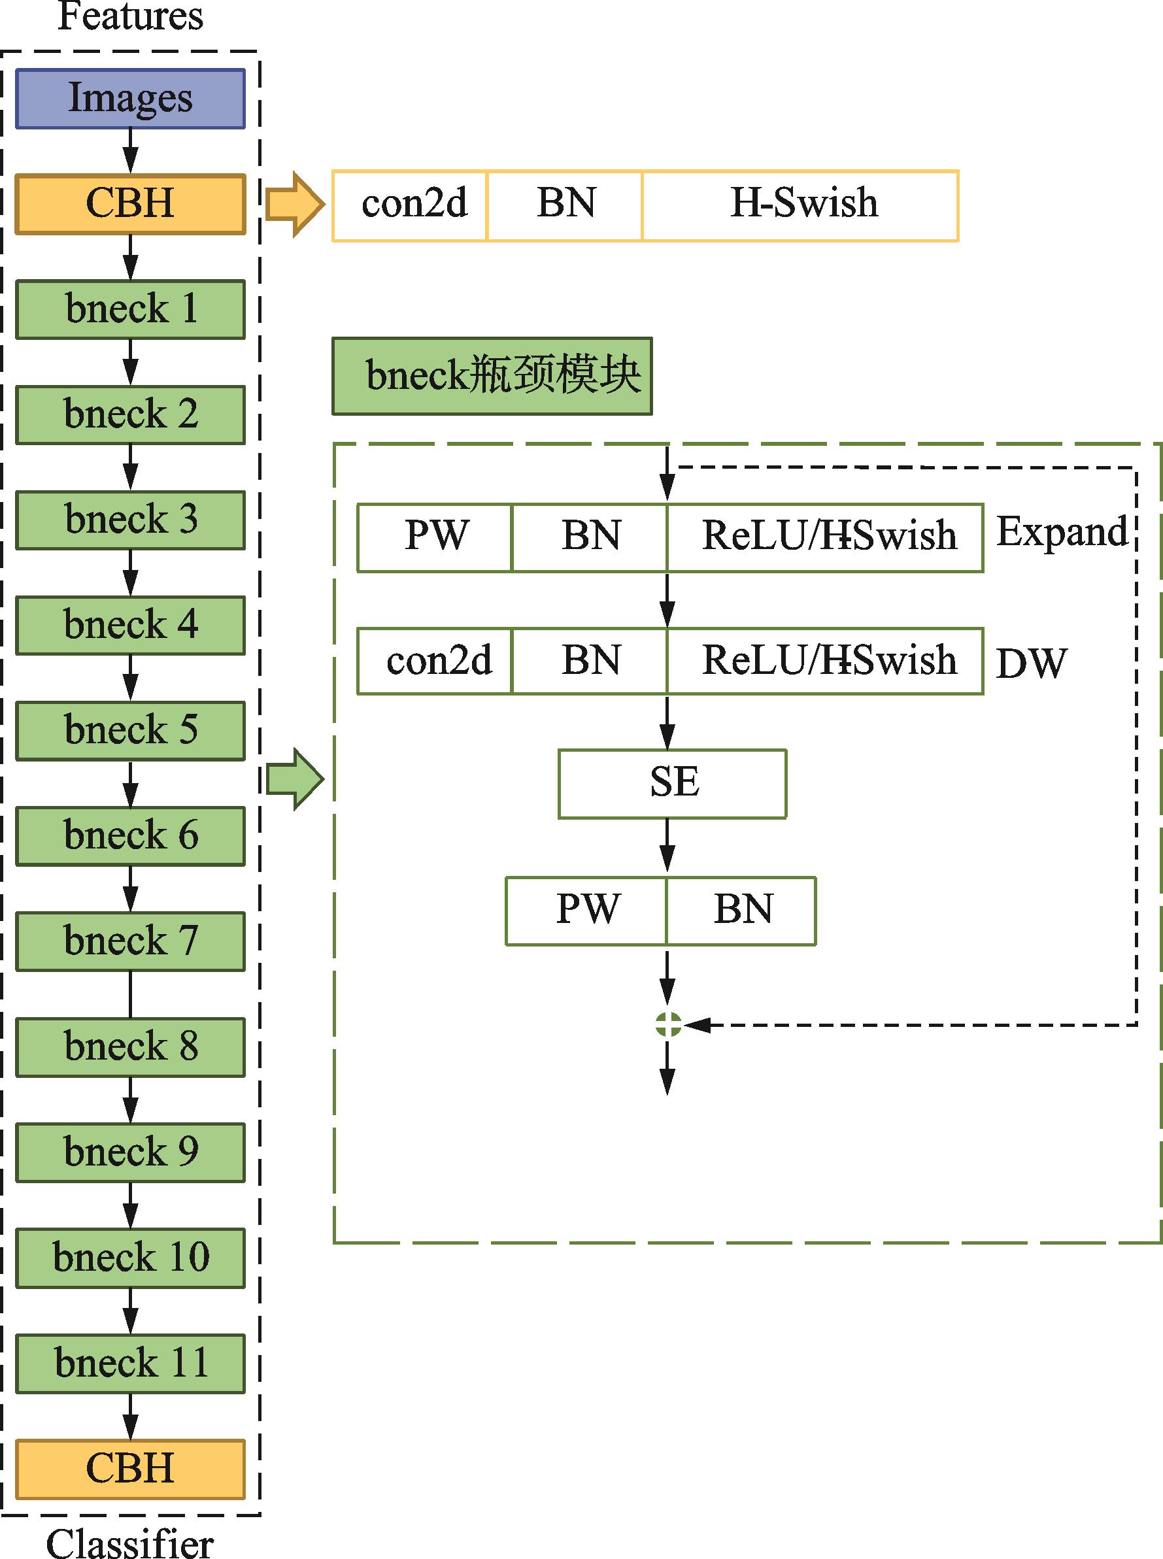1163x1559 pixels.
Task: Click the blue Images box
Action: pos(130,99)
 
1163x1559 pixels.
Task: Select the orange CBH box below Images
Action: pos(130,204)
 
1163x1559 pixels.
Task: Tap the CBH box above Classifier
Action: pos(130,1469)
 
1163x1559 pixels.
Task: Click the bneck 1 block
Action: pos(130,310)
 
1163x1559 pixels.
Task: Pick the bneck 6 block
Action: pos(130,836)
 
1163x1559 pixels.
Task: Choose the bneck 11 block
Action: pos(130,1364)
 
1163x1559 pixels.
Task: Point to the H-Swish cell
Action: pos(800,205)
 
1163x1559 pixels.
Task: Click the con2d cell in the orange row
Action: pos(411,205)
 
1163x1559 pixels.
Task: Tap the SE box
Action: pos(672,783)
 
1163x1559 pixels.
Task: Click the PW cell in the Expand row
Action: pos(435,538)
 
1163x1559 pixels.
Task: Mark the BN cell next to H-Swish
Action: pos(565,205)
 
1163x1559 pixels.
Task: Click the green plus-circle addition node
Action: pos(667,1025)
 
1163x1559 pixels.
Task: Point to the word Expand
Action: pos(1062,532)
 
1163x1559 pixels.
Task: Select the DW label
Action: pos(1032,663)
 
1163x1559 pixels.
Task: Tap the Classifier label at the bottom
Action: pos(130,1543)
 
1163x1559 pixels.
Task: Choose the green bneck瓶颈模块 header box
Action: pos(492,376)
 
